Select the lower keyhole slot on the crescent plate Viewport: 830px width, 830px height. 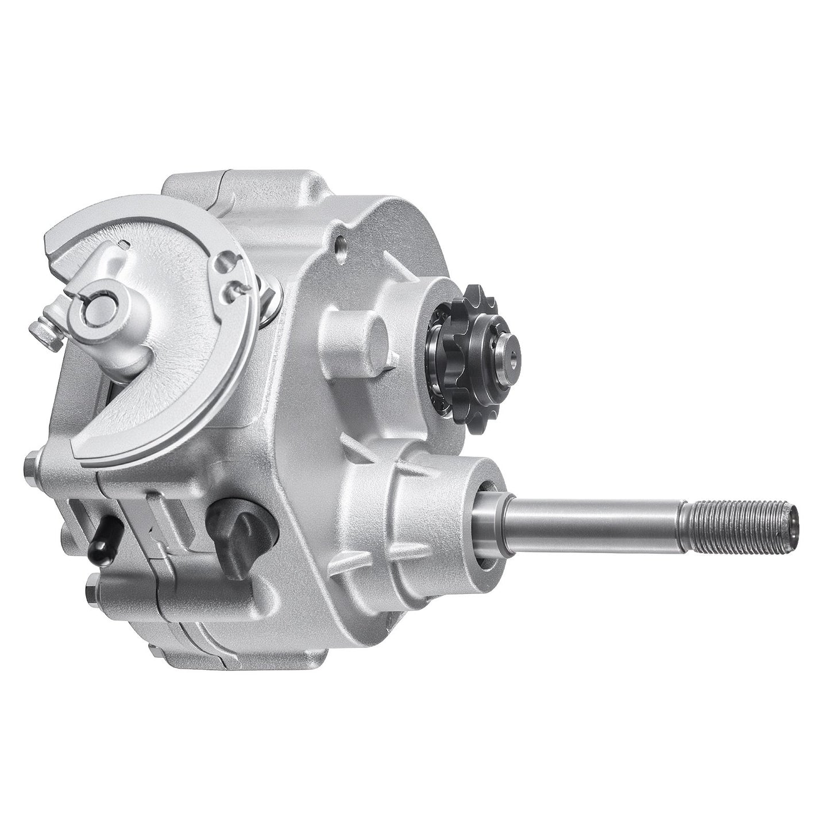click(231, 288)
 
